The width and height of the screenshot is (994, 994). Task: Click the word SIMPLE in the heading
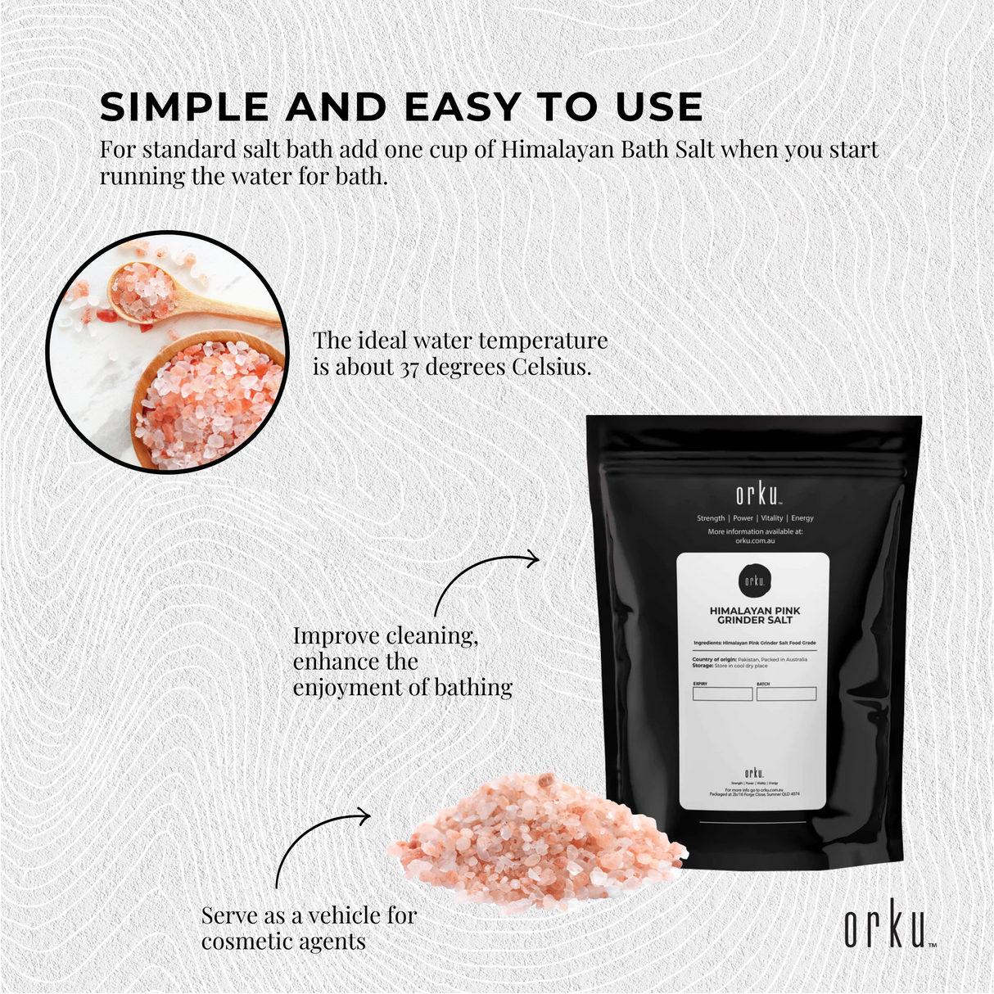point(185,108)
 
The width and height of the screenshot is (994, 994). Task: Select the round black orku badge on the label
point(754,581)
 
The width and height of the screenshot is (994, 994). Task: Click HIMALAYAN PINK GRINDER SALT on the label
point(755,616)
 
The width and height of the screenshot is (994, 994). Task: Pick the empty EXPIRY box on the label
point(722,694)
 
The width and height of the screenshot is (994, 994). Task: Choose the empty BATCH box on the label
point(786,694)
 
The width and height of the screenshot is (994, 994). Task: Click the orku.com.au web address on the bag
point(754,540)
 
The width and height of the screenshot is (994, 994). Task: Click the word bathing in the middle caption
point(473,688)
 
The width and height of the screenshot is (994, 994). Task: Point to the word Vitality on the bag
point(771,518)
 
